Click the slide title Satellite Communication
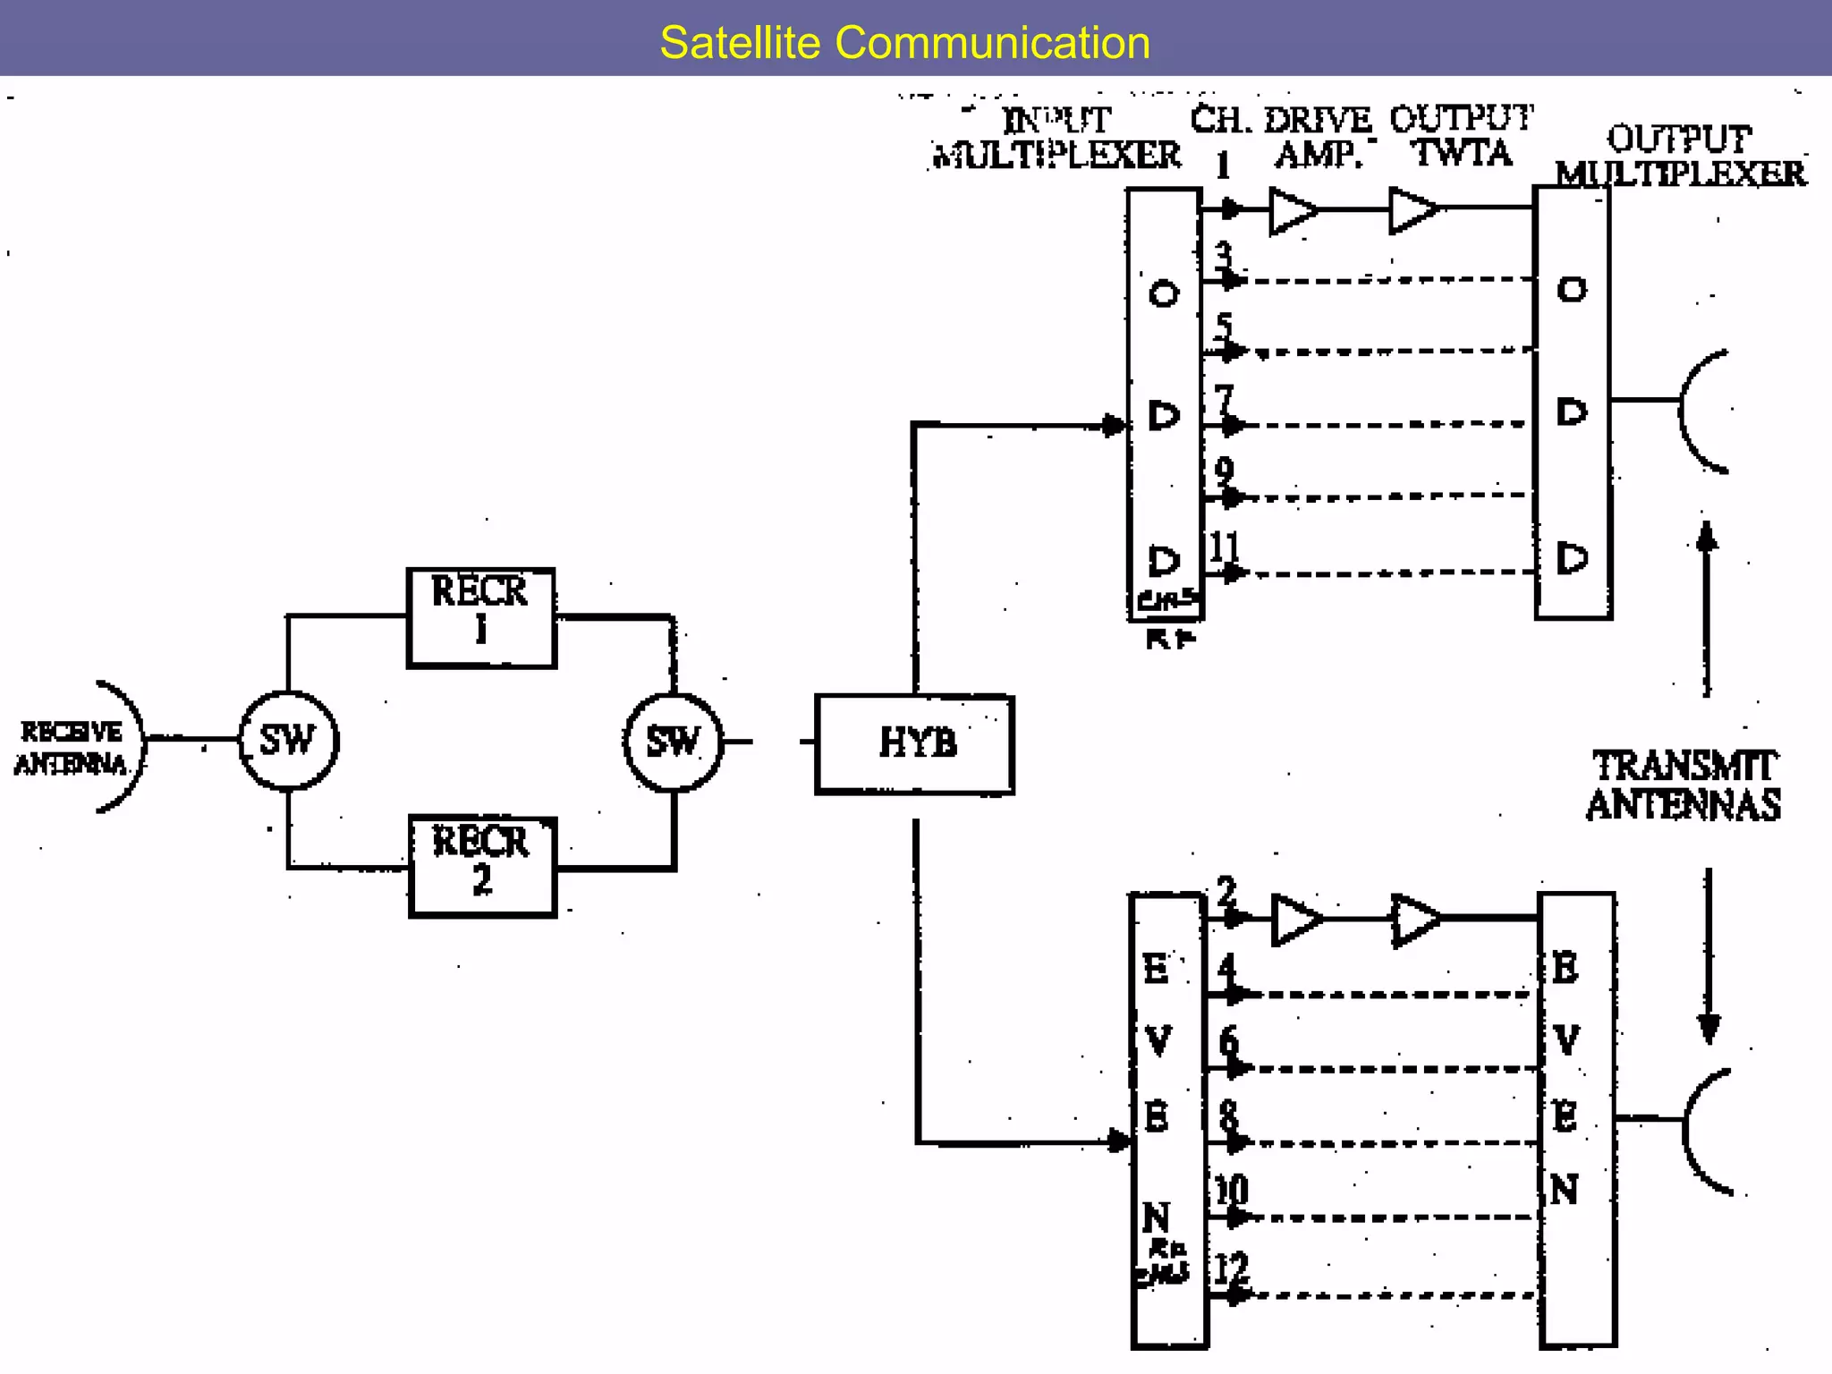coord(904,43)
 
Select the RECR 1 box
coord(481,617)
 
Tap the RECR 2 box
coord(482,866)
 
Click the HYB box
coord(915,743)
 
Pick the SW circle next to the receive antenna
coord(288,741)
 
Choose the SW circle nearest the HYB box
coord(673,742)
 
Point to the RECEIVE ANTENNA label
coord(71,748)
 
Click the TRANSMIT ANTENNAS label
coord(1683,785)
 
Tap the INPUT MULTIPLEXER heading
coord(1056,138)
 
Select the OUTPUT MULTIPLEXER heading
coord(1679,157)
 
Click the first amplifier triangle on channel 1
coord(1292,211)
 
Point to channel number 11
coord(1224,547)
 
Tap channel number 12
coord(1230,1269)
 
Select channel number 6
coord(1228,1041)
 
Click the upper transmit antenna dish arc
coord(1698,411)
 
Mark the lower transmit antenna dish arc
coord(1701,1131)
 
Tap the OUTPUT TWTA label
coord(1461,136)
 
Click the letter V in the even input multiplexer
coord(1158,1040)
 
